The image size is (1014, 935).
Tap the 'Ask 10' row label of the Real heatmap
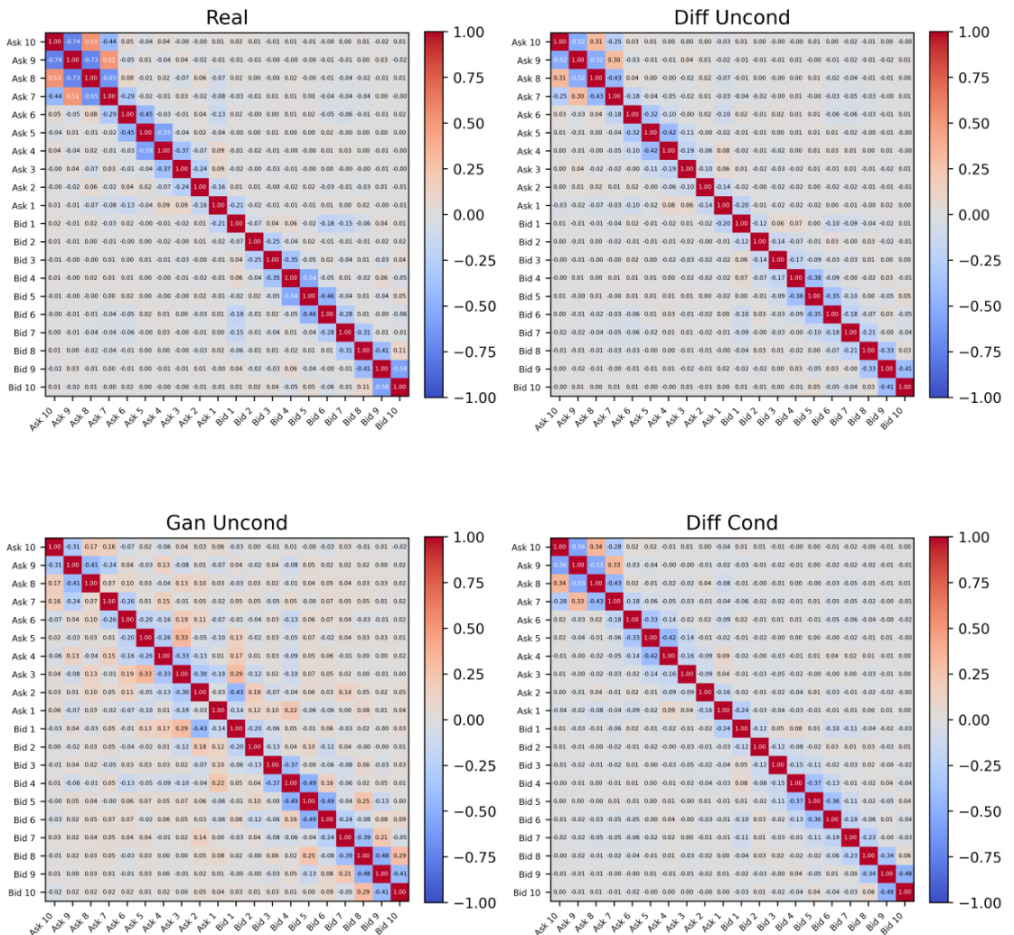click(20, 42)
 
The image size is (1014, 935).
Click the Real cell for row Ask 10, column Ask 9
click(72, 42)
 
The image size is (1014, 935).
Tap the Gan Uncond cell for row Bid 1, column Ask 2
click(200, 729)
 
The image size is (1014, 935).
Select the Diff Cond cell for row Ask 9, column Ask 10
click(559, 566)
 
